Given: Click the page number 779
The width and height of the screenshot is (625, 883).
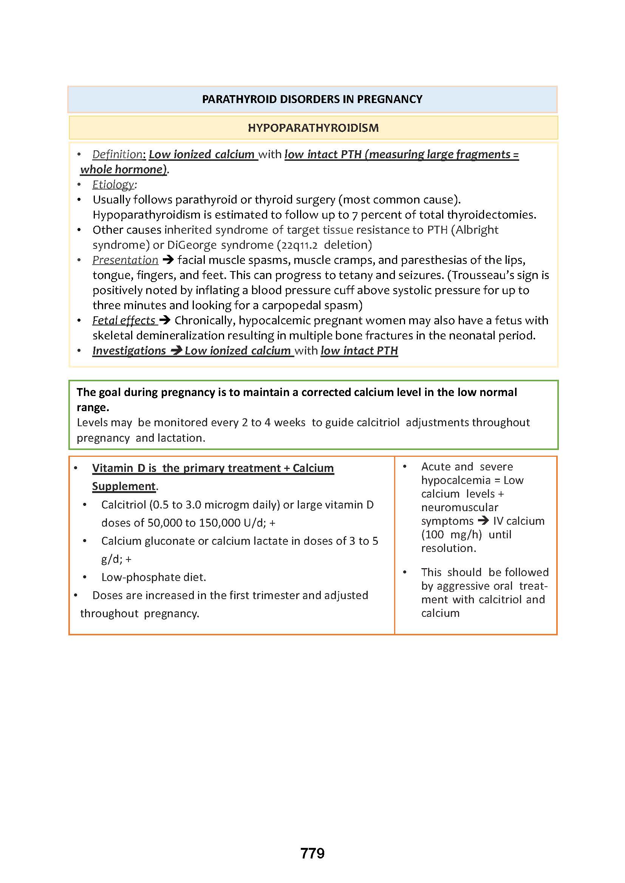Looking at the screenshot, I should click(312, 853).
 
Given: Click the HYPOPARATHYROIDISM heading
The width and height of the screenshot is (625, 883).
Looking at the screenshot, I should click(313, 128).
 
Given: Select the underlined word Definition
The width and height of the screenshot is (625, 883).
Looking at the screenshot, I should click(118, 154).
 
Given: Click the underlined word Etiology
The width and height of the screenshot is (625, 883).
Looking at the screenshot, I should click(113, 185).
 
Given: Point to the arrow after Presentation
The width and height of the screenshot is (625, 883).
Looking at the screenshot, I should click(168, 260).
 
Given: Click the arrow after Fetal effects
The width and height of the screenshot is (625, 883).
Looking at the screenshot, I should click(165, 320).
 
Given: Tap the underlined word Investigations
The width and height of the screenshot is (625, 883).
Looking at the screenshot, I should click(129, 351).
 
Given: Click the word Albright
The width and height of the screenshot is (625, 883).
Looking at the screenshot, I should click(476, 230).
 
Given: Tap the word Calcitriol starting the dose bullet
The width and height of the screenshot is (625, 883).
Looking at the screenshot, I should click(124, 505).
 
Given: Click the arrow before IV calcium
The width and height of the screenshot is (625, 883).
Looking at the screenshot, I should click(483, 521).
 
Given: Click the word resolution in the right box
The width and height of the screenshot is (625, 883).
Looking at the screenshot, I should click(448, 548).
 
